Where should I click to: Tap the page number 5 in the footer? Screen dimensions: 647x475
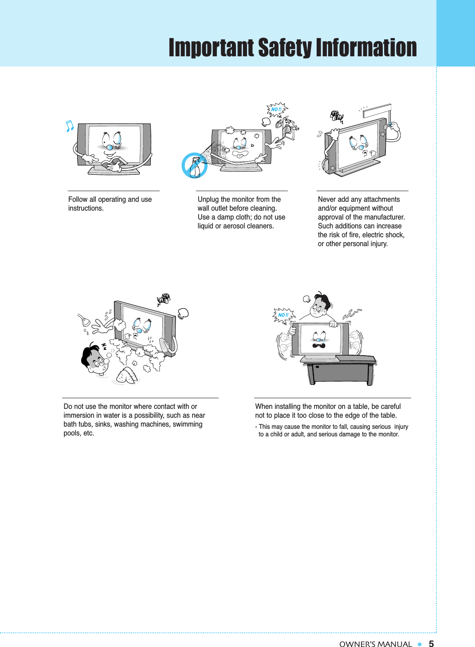(431, 644)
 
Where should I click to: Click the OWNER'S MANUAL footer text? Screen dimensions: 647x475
(375, 644)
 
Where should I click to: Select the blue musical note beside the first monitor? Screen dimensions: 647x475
(69, 126)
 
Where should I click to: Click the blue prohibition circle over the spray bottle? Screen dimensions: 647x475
(194, 165)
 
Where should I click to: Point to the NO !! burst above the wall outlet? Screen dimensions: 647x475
(276, 110)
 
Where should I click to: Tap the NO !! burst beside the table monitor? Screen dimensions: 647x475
(283, 315)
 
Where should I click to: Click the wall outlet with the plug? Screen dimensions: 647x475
(287, 128)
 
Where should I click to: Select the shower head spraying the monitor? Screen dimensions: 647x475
(83, 320)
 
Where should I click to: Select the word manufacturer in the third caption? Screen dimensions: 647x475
(385, 217)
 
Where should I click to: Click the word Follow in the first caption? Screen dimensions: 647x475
(78, 200)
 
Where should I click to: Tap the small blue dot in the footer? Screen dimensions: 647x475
(419, 644)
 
